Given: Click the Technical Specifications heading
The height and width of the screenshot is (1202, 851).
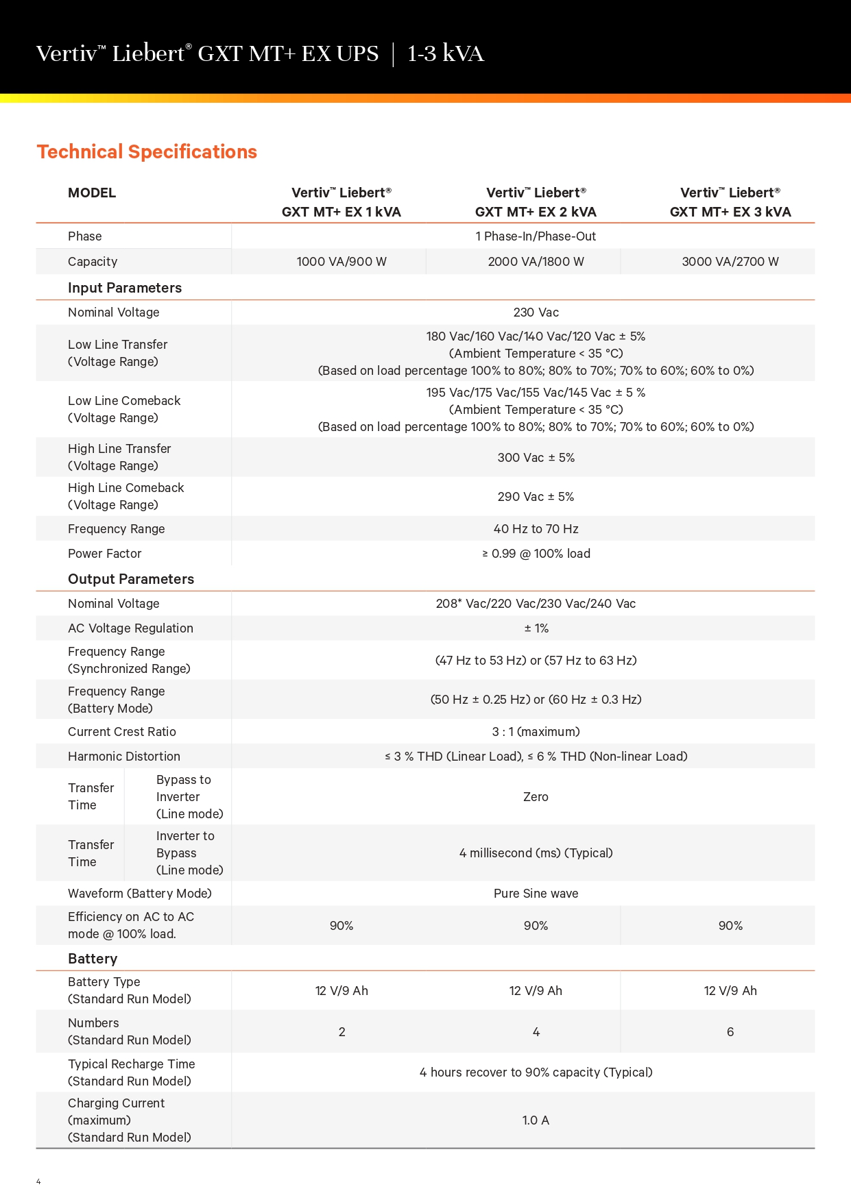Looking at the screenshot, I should pos(147,151).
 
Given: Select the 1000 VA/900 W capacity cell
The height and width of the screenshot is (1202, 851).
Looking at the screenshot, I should pos(341,262).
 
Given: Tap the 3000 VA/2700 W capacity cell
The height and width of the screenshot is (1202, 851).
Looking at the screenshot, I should pos(730,262).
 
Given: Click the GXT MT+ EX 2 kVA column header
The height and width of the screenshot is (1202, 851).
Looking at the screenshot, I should pos(536,202).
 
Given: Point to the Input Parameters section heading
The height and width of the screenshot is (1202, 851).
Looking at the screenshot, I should pos(125,288).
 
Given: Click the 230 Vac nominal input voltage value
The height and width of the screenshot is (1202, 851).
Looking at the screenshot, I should pos(536,312).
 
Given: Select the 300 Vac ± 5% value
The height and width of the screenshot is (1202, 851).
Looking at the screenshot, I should pos(536,458).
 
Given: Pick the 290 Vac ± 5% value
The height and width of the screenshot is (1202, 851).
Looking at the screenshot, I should pos(536,497).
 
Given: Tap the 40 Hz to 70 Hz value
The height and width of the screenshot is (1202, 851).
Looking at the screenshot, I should pos(536,529).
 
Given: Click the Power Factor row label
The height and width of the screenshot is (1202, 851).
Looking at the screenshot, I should pos(105,554).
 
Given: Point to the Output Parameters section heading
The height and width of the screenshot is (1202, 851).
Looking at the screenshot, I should pos(131,579).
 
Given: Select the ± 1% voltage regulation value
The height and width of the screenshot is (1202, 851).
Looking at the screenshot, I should pos(536,628).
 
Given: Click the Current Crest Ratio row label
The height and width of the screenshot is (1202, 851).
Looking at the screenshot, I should pos(122,732).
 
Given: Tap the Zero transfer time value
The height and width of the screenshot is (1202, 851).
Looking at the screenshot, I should pos(536,797).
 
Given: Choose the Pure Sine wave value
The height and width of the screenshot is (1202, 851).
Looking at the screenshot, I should pos(536,894).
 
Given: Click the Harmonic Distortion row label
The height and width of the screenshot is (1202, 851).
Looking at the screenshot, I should pos(124,757).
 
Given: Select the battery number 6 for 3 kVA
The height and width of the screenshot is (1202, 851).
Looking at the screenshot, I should pos(730,1032).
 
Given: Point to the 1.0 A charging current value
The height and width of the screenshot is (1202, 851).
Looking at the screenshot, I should pos(536,1120).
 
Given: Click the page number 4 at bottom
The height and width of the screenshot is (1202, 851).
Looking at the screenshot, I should pos(38,1181).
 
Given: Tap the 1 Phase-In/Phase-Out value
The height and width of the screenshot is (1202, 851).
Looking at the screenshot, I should pos(536,236).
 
